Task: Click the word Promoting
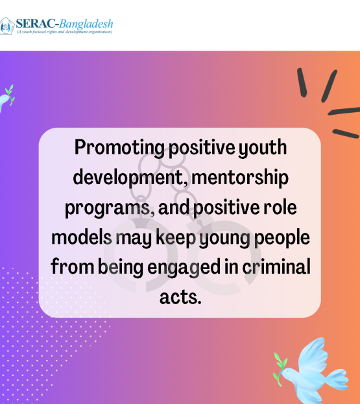[x=119, y=148]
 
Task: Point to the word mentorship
[x=239, y=178]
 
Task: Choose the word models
[x=82, y=237]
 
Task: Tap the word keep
[x=176, y=237]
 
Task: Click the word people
[x=282, y=237]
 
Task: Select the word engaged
[x=184, y=268]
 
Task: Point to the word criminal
[x=276, y=267]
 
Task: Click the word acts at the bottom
[x=180, y=298]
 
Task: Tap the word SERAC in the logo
[x=36, y=24]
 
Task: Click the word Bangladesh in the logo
[x=86, y=24]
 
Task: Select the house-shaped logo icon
[x=6, y=26]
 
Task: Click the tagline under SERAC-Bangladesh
[x=64, y=32]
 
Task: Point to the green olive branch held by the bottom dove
[x=280, y=369]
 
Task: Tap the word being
[x=121, y=268]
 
